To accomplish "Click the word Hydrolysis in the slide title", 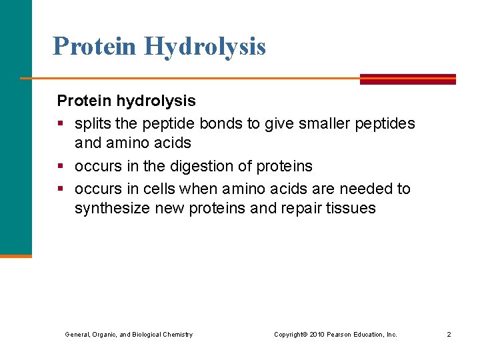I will pos(204,47).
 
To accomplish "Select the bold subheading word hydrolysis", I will pos(155,101).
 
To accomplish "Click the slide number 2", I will pos(449,334).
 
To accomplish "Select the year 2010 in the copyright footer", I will pos(316,334).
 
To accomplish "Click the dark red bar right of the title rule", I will pos(407,79).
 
